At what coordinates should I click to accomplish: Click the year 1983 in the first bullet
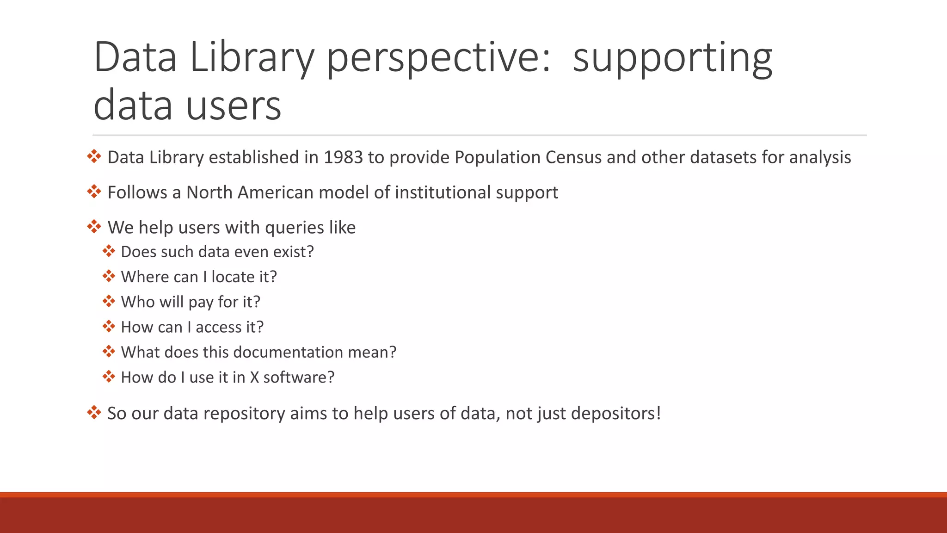tap(343, 157)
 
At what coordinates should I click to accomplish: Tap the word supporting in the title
tap(672, 57)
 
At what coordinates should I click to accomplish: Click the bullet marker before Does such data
tap(109, 251)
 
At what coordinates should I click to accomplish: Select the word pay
tap(201, 302)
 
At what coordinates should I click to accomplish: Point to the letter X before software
tap(254, 378)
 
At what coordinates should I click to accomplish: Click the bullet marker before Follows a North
tap(94, 192)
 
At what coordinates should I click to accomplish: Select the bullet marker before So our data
tap(94, 412)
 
